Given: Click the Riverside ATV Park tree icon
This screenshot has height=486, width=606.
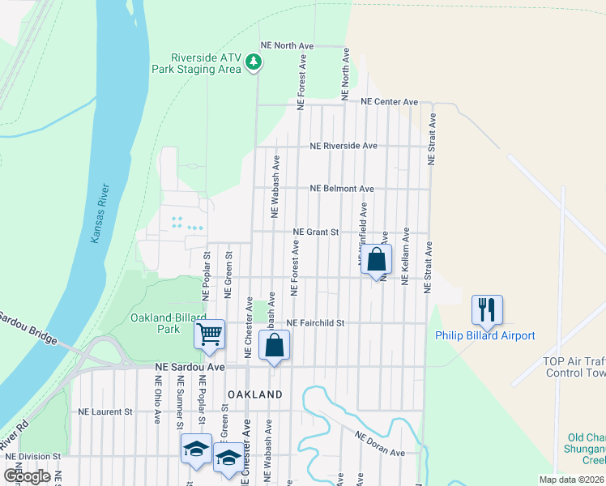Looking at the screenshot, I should [x=254, y=62].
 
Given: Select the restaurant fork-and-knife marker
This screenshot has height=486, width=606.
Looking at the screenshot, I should [x=487, y=309].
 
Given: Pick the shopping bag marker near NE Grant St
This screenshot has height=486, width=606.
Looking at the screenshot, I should [x=376, y=260].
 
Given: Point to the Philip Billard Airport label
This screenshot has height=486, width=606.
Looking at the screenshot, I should [x=484, y=335].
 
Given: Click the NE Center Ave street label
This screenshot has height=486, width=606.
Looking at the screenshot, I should [x=390, y=102].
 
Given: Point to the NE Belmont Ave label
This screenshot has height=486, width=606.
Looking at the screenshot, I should [x=342, y=189].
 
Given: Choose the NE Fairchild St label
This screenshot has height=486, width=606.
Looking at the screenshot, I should [x=316, y=322].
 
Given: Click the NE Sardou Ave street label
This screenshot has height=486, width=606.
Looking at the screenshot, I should [x=190, y=367].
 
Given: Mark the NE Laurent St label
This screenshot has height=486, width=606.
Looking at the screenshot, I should [x=105, y=411].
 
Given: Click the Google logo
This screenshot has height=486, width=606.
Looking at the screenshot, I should [x=28, y=475].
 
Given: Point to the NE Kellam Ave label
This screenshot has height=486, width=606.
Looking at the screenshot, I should [x=406, y=255].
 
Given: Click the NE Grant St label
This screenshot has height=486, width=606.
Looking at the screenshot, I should [x=315, y=232].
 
